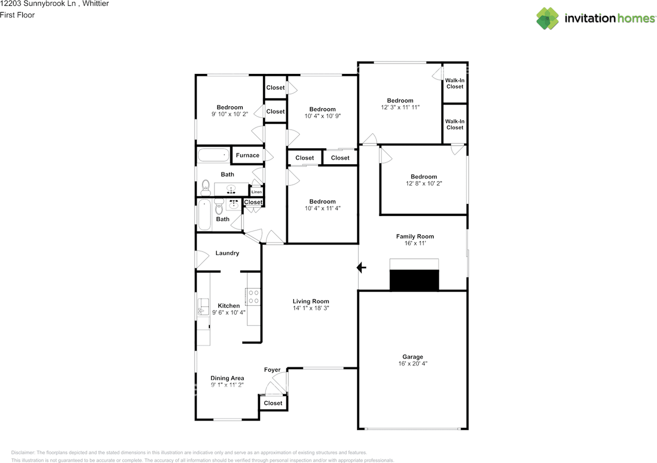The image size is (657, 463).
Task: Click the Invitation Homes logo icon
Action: tap(548, 18)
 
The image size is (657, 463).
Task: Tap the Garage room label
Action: tap(413, 357)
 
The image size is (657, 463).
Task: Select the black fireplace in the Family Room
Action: tap(414, 280)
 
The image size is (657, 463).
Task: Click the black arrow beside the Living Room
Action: tap(362, 267)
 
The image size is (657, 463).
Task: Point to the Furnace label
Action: tap(247, 156)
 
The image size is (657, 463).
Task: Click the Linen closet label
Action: tap(257, 192)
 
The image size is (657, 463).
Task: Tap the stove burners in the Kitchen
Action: tap(254, 297)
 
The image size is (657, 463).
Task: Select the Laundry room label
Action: tap(227, 253)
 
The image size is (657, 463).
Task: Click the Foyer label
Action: tap(272, 370)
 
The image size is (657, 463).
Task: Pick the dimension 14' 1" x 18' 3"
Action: tap(311, 308)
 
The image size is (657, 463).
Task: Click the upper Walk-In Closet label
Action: tap(455, 83)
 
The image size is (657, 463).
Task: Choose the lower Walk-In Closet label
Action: tap(455, 124)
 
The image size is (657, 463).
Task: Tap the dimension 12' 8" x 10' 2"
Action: tap(423, 183)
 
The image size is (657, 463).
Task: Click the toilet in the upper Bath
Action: tap(206, 187)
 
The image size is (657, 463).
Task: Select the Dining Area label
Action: tap(227, 378)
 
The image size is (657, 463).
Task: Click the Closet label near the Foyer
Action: tap(273, 403)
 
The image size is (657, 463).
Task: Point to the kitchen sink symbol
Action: tap(202, 306)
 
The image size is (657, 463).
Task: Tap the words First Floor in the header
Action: tap(17, 15)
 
